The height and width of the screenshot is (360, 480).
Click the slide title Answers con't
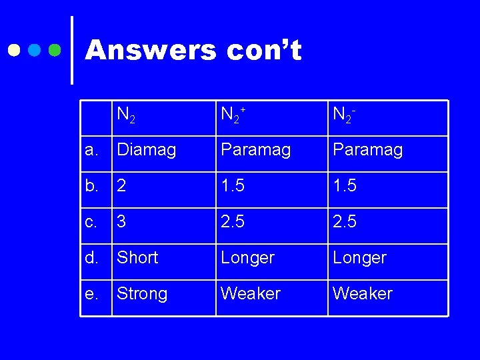tap(193, 50)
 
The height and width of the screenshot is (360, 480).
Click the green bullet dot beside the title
tap(56, 50)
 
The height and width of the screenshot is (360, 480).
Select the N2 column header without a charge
tap(126, 115)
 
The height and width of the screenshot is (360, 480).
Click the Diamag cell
tap(146, 150)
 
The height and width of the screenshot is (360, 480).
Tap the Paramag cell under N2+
tap(255, 150)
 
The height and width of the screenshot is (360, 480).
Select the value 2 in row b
tap(121, 186)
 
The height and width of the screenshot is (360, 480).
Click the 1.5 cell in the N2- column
tap(345, 186)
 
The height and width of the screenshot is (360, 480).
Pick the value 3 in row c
tap(121, 222)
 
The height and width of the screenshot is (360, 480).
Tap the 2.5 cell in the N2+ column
tap(233, 222)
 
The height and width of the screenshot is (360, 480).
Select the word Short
tap(137, 257)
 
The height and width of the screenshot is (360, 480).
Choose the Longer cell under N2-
tap(359, 257)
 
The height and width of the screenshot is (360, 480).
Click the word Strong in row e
tap(142, 293)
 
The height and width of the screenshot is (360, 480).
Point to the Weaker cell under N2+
tap(251, 293)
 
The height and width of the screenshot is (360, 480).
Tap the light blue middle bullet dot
tap(35, 50)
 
